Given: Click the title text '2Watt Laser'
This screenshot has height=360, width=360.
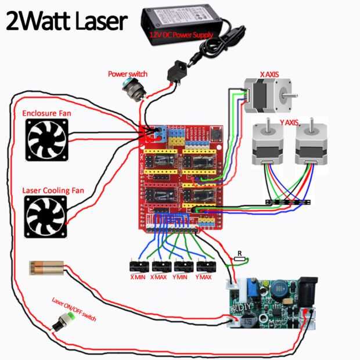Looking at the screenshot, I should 65,21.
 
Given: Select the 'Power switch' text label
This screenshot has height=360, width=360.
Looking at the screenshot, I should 128,74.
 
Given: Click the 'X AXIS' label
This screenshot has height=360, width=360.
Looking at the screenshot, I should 269,74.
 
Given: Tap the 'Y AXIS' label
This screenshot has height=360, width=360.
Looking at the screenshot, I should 289,123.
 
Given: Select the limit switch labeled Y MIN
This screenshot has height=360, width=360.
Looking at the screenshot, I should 184,267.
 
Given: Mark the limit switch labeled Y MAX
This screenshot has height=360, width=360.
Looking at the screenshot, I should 206,267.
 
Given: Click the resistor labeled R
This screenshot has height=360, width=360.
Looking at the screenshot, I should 239,260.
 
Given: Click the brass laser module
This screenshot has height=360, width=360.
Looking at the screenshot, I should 48,268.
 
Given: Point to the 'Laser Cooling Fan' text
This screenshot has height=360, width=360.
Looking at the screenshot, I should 47,190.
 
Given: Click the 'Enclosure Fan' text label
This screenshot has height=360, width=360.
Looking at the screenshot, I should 46,113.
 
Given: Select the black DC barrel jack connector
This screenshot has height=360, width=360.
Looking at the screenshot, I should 176,73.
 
